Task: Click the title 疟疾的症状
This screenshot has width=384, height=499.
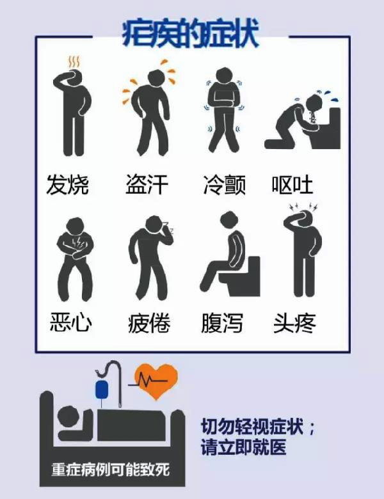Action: [x=190, y=34]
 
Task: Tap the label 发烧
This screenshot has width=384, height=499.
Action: [x=67, y=185]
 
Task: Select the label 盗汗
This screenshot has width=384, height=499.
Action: [x=147, y=185]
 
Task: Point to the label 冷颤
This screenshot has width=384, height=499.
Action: [x=225, y=185]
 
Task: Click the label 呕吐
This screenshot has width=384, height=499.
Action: [x=292, y=185]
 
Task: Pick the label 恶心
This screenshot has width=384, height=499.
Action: [x=71, y=322]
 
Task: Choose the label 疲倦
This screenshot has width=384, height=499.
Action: [x=149, y=323]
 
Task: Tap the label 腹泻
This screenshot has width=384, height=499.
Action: [x=222, y=323]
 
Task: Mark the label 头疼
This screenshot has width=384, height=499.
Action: [x=294, y=323]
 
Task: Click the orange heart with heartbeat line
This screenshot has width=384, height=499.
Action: [x=155, y=381]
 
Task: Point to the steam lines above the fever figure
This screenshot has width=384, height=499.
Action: [x=74, y=62]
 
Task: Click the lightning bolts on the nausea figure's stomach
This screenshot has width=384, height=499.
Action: [x=77, y=242]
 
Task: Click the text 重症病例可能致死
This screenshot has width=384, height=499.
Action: [x=111, y=470]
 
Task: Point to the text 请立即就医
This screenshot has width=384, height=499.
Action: [x=243, y=447]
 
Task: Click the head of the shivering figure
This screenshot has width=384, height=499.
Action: [x=225, y=76]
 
